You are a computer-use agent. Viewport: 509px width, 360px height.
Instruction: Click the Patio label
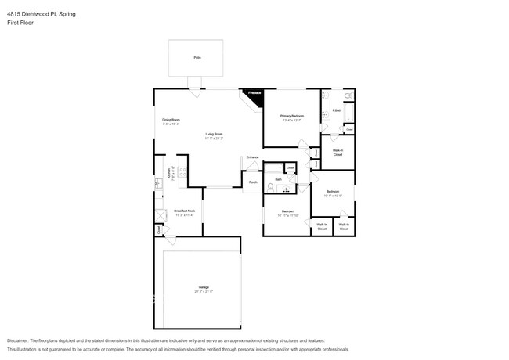coord(197,58)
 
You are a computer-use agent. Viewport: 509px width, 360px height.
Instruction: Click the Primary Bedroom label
coord(292,117)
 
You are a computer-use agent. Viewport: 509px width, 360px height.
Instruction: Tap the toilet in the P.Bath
coord(348,97)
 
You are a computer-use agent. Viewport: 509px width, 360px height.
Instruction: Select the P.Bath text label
coord(337,110)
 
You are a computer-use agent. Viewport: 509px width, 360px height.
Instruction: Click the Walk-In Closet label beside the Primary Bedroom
coord(338,153)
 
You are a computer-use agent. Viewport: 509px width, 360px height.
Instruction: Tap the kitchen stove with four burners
coord(182,174)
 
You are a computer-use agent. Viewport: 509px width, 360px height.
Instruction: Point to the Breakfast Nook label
coord(185,212)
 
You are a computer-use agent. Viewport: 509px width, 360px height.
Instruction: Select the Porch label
coord(252,183)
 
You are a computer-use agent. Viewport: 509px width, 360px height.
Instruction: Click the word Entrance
coord(252,158)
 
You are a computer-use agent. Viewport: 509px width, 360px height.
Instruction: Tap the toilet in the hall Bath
coord(270,186)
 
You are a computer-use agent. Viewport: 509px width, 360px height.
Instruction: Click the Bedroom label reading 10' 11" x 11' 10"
coord(288,213)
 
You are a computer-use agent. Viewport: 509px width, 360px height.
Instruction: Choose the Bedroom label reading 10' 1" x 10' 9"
coord(333,193)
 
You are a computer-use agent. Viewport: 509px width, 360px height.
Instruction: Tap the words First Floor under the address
coord(20,23)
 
